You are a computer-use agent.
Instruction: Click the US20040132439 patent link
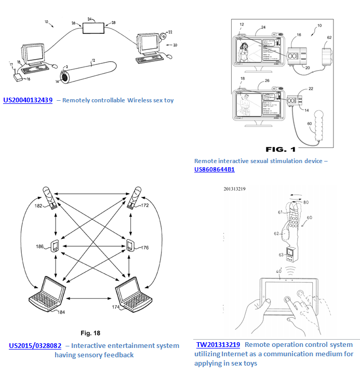click(28, 100)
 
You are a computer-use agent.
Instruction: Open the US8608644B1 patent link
click(214, 169)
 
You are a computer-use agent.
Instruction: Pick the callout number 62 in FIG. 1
click(329, 38)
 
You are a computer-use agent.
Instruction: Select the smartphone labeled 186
click(54, 246)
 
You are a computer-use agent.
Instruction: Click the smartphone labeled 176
click(129, 245)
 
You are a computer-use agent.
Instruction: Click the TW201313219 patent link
click(218, 345)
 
